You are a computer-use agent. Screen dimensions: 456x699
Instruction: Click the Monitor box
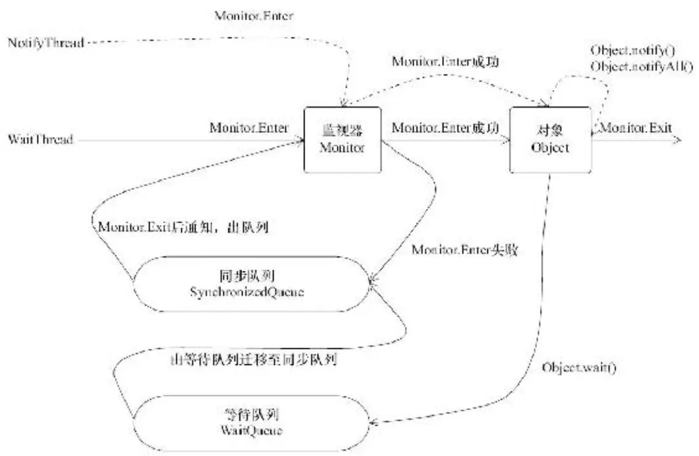point(342,140)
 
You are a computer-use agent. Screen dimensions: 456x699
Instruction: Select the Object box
point(549,140)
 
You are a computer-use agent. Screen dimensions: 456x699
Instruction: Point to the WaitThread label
point(41,140)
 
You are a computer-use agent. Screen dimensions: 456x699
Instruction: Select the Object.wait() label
point(579,367)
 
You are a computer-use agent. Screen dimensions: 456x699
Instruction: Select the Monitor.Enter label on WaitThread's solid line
point(248,128)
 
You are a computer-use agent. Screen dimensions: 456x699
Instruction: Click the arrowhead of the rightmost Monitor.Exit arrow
point(677,140)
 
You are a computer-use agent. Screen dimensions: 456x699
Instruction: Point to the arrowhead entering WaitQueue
point(374,422)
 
